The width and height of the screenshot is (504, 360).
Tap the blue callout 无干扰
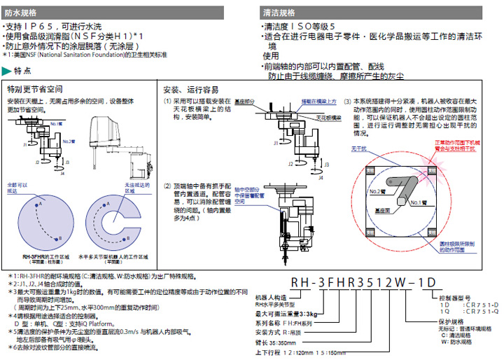(358, 148)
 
